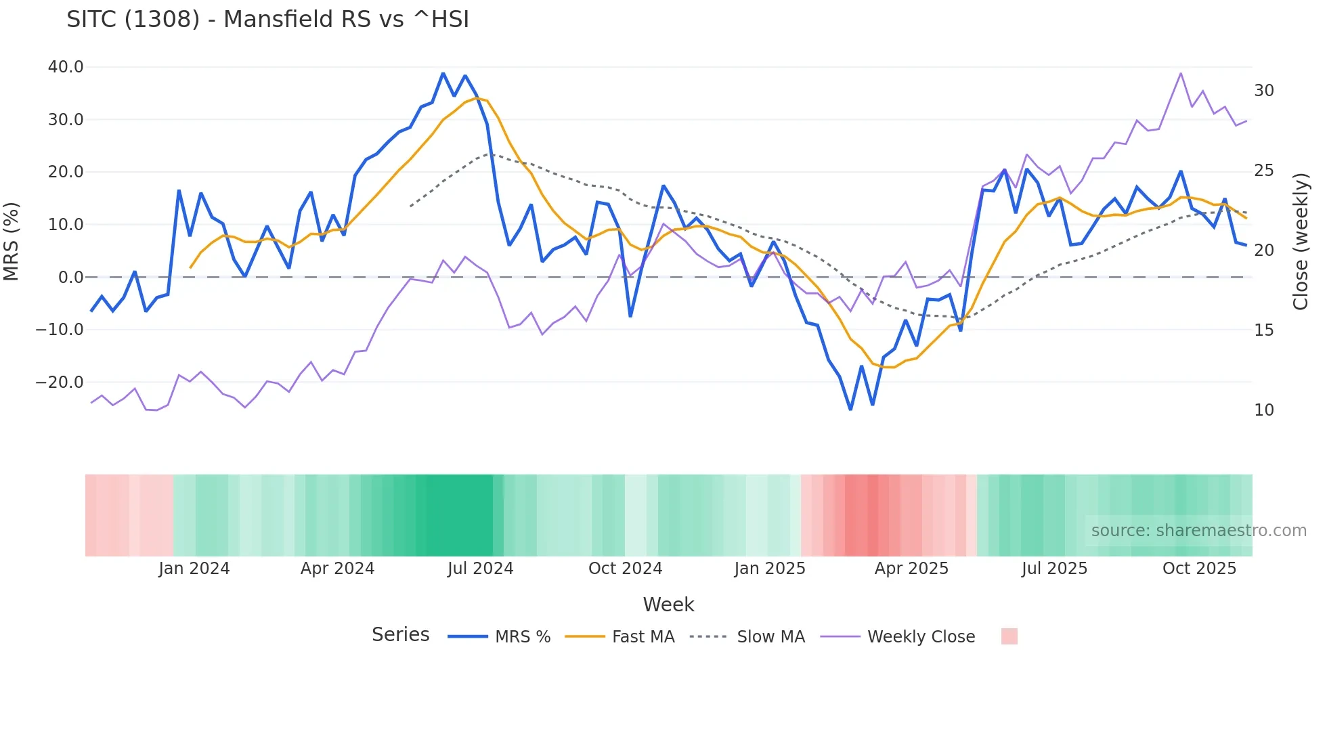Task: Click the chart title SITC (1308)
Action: point(267,20)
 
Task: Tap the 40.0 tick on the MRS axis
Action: point(66,67)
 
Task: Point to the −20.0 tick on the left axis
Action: point(60,382)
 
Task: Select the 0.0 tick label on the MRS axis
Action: point(70,278)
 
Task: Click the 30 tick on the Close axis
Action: point(1263,91)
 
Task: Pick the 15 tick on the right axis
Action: point(1263,330)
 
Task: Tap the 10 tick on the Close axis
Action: point(1263,410)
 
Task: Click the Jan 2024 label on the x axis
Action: point(194,569)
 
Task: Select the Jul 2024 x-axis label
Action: point(480,569)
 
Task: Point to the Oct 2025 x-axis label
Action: point(1199,569)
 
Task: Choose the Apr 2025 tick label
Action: point(911,569)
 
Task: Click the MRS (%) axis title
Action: point(12,241)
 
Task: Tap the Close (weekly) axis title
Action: point(1300,241)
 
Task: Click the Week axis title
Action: point(668,605)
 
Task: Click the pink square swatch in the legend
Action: point(1009,636)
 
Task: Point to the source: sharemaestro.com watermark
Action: point(1198,531)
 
